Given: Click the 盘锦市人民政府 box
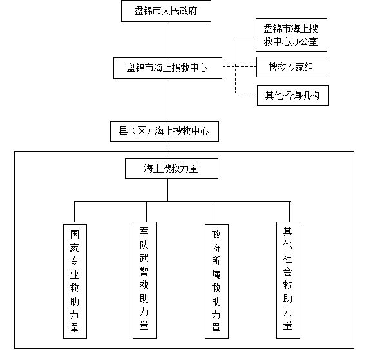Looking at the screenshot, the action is point(166,11).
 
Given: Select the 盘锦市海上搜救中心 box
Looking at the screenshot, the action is point(167,68).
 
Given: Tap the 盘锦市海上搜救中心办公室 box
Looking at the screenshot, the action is point(291,35).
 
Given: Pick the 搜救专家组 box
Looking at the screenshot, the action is point(292,67).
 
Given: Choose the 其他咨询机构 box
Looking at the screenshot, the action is point(292,95).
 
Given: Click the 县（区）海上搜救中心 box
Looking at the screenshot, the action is point(164,131).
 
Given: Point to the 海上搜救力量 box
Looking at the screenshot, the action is point(171,169).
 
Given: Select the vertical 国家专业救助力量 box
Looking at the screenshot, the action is point(75,281).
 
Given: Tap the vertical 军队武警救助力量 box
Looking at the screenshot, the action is point(144,280).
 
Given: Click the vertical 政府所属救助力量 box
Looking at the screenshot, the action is point(216,281).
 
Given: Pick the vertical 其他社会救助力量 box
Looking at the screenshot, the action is point(288,280).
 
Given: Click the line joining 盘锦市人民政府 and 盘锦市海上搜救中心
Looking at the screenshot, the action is point(167,40).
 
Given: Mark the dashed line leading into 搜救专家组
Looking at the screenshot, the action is point(239,66).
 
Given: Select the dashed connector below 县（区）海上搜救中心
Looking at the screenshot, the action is point(167,150).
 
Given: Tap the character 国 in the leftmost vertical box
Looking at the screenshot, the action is point(75,234).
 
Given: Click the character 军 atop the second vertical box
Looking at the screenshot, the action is point(144,231).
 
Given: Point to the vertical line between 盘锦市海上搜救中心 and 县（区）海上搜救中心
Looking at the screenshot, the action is point(167,100).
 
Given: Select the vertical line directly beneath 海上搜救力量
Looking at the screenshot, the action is point(168,190).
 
